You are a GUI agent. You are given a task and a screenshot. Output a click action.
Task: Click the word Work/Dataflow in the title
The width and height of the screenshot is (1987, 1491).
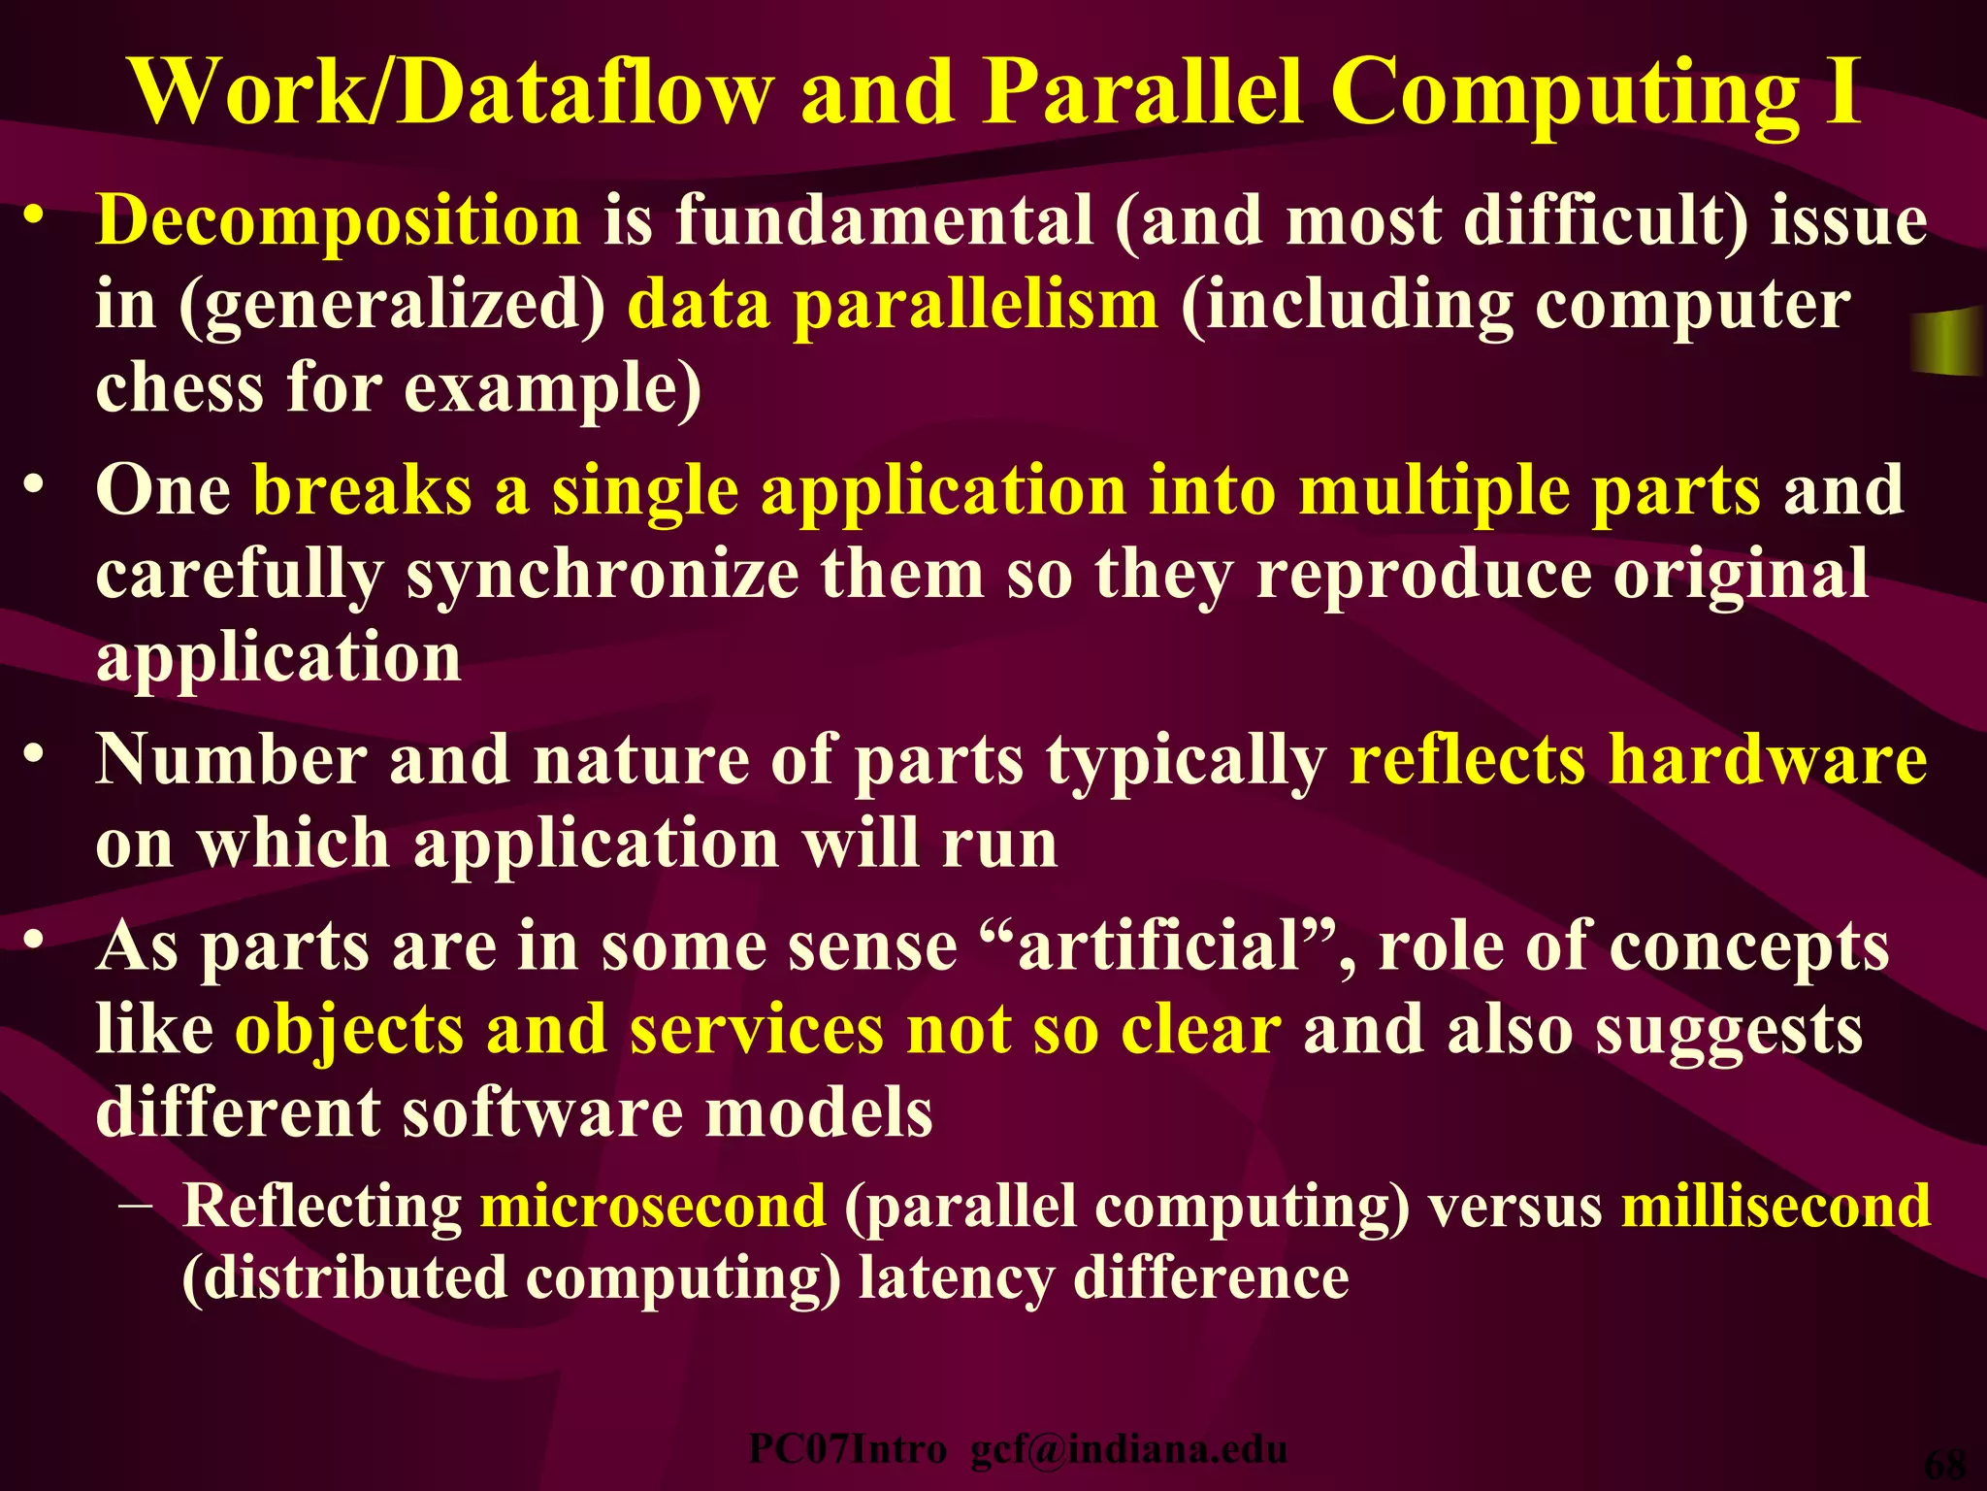pyautogui.click(x=452, y=92)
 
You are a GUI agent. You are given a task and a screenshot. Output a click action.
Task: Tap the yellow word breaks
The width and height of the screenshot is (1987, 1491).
pyautogui.click(x=361, y=490)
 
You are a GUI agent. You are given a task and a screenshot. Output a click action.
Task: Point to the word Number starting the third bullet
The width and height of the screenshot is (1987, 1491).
pyautogui.click(x=231, y=759)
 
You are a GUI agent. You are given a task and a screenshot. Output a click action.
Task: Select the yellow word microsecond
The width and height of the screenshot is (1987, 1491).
pyautogui.click(x=653, y=1207)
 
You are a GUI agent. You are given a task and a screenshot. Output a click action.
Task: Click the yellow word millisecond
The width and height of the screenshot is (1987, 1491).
pyautogui.click(x=1775, y=1207)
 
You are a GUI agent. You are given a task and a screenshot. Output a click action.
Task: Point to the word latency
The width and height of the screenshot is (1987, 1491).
pyautogui.click(x=955, y=1278)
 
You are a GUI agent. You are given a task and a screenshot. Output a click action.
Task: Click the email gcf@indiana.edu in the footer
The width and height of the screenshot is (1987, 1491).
pyautogui.click(x=1129, y=1449)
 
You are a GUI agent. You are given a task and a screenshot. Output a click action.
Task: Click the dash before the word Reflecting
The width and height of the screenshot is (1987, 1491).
pyautogui.click(x=139, y=1207)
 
